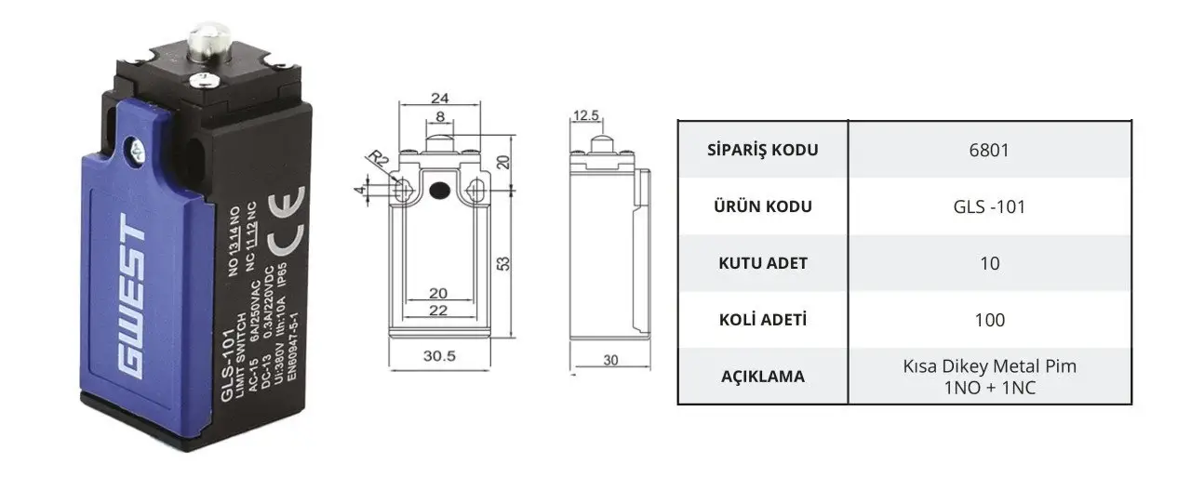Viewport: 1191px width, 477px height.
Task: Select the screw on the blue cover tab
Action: [x=137, y=151]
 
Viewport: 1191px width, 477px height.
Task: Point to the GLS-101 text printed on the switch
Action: [x=228, y=365]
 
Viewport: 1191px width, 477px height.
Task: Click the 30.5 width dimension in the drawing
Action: [x=439, y=356]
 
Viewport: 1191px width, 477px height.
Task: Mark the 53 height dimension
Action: [x=503, y=263]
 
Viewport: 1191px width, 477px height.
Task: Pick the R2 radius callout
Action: [x=378, y=158]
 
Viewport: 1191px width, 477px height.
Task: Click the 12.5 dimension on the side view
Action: [x=586, y=114]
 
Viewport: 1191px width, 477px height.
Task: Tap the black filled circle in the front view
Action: [x=439, y=191]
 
